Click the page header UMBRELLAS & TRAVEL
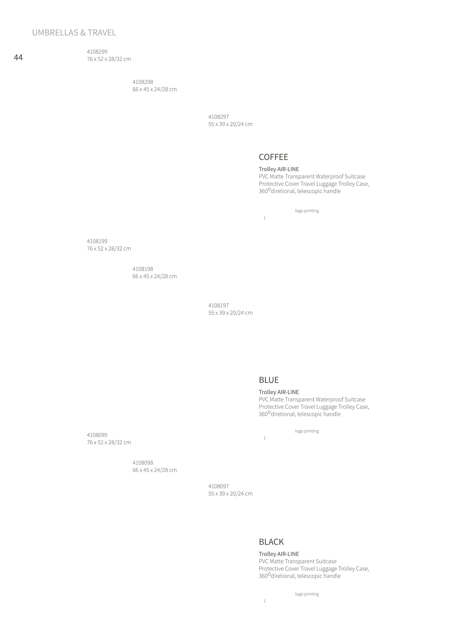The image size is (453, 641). click(74, 33)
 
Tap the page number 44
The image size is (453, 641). click(18, 58)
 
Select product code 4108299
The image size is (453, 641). click(97, 52)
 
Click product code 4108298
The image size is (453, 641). click(143, 82)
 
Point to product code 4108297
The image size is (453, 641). click(219, 117)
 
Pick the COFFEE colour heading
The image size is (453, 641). click(274, 157)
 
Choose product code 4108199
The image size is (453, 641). click(97, 241)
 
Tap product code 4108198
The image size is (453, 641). click(143, 269)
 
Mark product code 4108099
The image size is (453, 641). click(97, 435)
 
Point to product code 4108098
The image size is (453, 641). click(143, 463)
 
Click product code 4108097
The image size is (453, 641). click(219, 486)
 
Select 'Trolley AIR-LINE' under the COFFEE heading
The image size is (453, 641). click(279, 169)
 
